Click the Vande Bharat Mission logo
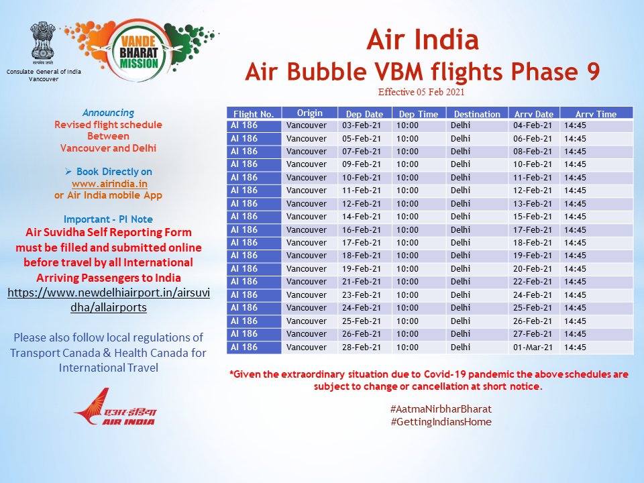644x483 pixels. coord(133,54)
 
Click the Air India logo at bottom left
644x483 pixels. coord(114,407)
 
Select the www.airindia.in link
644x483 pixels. coord(109,182)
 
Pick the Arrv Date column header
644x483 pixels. coord(534,114)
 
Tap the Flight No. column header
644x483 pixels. coord(254,114)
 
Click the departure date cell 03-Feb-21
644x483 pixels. coord(362,125)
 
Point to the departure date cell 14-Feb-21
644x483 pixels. coord(362,217)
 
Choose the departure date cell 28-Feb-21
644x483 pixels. coord(362,347)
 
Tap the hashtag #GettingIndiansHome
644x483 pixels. coord(441,422)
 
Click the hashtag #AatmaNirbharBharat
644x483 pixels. coord(441,409)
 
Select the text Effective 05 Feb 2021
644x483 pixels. coord(421,92)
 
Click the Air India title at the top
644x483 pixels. coord(422,40)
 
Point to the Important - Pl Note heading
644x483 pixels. coord(108,219)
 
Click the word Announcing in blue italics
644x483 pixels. coord(108,113)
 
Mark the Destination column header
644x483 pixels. coord(476,114)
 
